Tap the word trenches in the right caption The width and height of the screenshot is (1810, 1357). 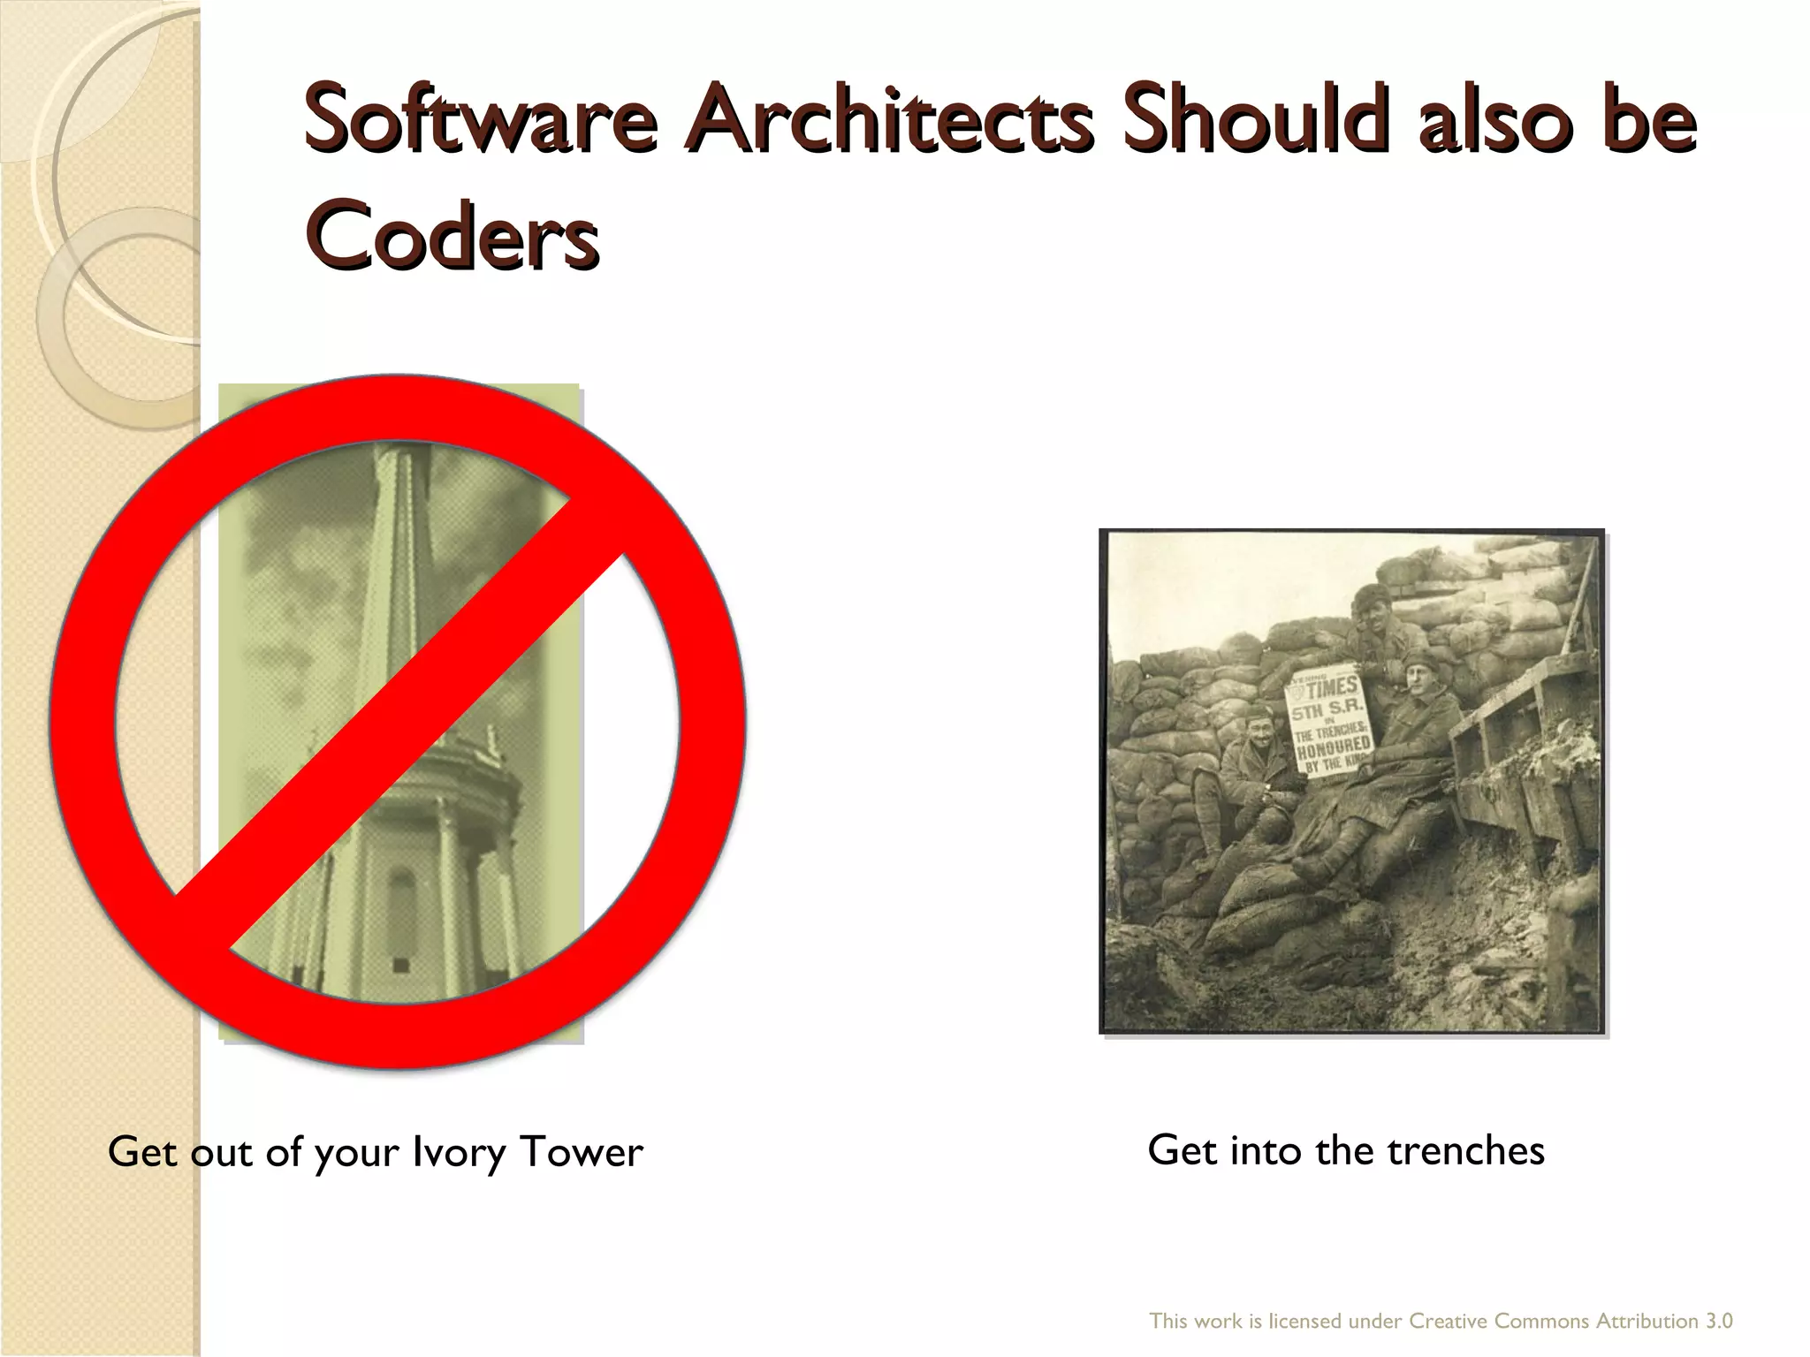(x=1465, y=1150)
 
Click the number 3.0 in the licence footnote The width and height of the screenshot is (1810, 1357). (x=1718, y=1321)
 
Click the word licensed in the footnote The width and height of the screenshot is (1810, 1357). (x=1305, y=1321)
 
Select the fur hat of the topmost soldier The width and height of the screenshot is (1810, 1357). (x=1372, y=595)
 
